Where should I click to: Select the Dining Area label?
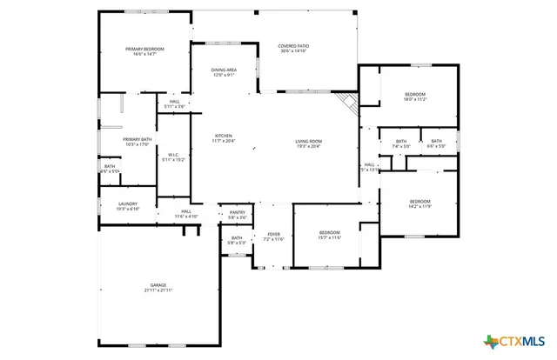[225, 72]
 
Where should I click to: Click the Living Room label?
[308, 143]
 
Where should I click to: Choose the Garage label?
[158, 287]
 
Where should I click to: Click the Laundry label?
[127, 206]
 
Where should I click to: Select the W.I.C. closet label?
[174, 157]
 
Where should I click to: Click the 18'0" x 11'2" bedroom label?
[415, 96]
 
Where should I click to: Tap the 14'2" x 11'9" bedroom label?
[420, 203]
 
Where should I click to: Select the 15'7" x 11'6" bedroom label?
[329, 235]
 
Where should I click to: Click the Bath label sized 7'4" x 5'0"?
[401, 143]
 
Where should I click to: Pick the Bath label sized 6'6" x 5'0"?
[436, 143]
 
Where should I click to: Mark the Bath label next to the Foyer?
[237, 240]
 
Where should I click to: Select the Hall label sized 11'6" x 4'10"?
[186, 213]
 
